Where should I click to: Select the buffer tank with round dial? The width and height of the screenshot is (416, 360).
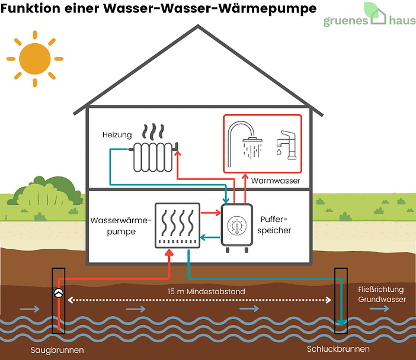tap(236, 226)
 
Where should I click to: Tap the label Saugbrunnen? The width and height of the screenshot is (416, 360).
tap(57, 350)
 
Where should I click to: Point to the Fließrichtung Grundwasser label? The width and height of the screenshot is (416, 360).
tap(382, 294)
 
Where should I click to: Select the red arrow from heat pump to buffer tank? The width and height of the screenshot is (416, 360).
tap(209, 212)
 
